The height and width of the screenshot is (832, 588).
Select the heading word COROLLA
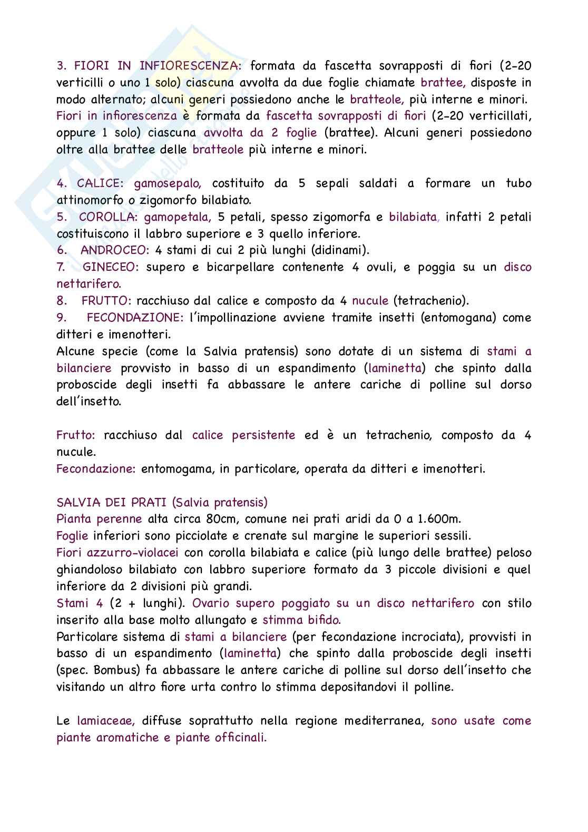pyautogui.click(x=107, y=217)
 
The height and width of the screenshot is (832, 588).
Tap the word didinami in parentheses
pyautogui.click(x=346, y=250)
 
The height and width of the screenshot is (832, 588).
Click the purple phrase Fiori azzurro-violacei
pyautogui.click(x=117, y=553)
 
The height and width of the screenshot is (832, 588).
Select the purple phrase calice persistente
pyautogui.click(x=243, y=435)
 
